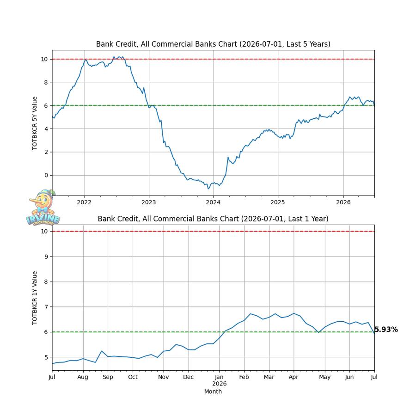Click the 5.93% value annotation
pyautogui.click(x=386, y=330)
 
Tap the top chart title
pyautogui.click(x=213, y=44)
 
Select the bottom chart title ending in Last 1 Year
pyautogui.click(x=213, y=219)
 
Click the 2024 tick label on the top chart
pyautogui.click(x=213, y=202)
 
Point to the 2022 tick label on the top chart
pyautogui.click(x=84, y=202)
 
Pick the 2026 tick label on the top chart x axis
pyautogui.click(x=343, y=202)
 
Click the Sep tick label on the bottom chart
pyautogui.click(x=108, y=377)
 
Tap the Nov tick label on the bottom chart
pyautogui.click(x=164, y=377)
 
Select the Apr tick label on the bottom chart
pyautogui.click(x=294, y=377)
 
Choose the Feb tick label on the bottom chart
pyautogui.click(x=244, y=377)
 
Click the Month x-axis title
pyautogui.click(x=213, y=392)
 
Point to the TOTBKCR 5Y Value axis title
pyautogui.click(x=35, y=123)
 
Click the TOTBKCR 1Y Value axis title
pyautogui.click(x=35, y=298)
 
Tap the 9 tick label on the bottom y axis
pyautogui.click(x=46, y=257)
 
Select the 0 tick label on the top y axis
pyautogui.click(x=46, y=175)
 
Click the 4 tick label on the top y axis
pyautogui.click(x=46, y=129)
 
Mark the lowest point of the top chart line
pyautogui.click(x=208, y=189)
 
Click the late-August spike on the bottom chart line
pyautogui.click(x=102, y=351)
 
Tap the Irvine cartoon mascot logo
pyautogui.click(x=43, y=208)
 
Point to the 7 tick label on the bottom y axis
pyautogui.click(x=46, y=307)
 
